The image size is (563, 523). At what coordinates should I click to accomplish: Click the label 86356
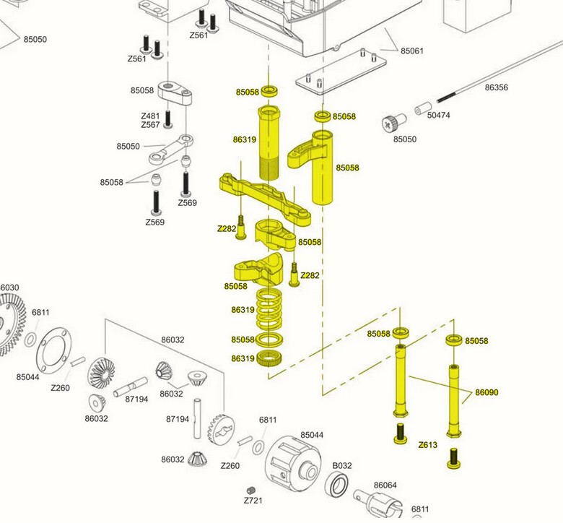[497, 87]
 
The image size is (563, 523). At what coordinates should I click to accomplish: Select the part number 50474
[438, 115]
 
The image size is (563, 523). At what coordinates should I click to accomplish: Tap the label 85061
[412, 51]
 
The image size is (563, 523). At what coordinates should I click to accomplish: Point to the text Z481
[150, 116]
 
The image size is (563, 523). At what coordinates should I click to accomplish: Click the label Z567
[150, 125]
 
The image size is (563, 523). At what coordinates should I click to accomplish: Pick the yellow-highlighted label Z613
[428, 445]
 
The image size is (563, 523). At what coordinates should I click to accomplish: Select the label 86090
[486, 393]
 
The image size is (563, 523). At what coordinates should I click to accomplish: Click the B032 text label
[341, 466]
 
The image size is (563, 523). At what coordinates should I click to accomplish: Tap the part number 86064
[385, 485]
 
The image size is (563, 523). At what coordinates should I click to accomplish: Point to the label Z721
[252, 500]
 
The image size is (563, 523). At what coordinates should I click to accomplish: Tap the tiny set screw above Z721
[250, 489]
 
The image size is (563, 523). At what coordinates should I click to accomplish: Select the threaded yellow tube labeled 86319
[269, 144]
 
